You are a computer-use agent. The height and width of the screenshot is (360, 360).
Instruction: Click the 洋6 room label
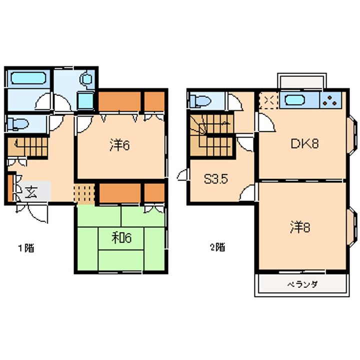point(120,145)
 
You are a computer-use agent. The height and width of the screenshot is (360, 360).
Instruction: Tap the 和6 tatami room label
point(121,238)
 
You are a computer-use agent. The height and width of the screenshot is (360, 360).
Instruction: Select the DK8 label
point(304,144)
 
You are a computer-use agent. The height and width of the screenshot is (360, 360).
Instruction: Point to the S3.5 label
point(216,179)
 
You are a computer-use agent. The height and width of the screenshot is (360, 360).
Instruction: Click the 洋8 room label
point(300,227)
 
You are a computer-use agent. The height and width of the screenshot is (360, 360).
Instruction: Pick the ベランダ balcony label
point(302,284)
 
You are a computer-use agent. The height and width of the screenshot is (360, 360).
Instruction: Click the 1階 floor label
point(26,248)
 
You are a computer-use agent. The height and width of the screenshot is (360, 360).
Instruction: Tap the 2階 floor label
point(217,247)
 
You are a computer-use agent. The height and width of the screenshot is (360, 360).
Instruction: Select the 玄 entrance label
point(31,192)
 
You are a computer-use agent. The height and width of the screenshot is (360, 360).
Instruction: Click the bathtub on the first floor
point(28,78)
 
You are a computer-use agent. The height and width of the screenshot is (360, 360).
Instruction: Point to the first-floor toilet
point(18,124)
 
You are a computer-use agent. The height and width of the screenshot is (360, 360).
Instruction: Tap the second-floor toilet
point(200,101)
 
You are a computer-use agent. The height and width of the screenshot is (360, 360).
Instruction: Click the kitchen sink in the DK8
point(294,100)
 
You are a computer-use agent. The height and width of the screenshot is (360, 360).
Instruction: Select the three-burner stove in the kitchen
point(330,100)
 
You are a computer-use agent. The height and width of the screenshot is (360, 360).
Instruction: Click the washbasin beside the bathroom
point(85,100)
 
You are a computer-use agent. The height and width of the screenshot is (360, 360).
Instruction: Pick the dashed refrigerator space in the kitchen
point(268,100)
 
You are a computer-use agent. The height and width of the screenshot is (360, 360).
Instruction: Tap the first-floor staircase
point(27,146)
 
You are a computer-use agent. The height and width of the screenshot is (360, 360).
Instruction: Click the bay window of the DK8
point(351,135)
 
